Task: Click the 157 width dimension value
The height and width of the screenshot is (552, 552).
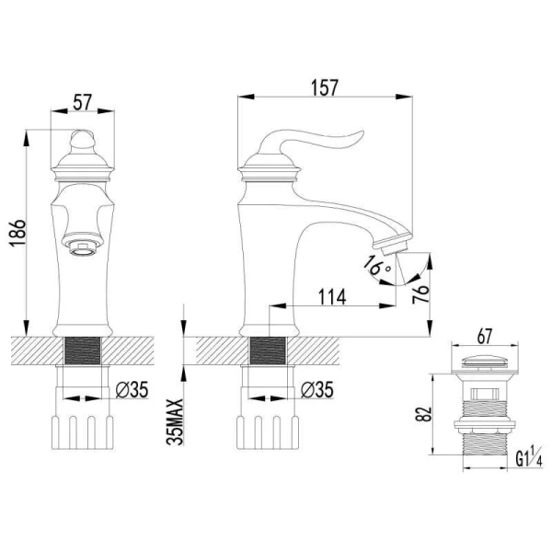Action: tap(324, 87)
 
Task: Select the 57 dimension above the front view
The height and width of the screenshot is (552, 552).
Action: tap(83, 102)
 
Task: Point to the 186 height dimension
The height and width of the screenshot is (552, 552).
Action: tap(17, 233)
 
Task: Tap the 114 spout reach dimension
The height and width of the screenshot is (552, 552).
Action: tap(332, 297)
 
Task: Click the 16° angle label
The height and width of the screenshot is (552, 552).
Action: tap(376, 266)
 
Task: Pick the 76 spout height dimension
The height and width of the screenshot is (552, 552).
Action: tap(420, 293)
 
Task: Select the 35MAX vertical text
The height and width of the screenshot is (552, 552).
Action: tap(175, 422)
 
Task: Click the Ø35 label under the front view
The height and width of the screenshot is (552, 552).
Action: tap(132, 389)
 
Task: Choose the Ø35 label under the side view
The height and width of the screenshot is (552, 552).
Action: tap(316, 389)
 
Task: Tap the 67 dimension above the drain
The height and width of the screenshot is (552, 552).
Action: tap(485, 337)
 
